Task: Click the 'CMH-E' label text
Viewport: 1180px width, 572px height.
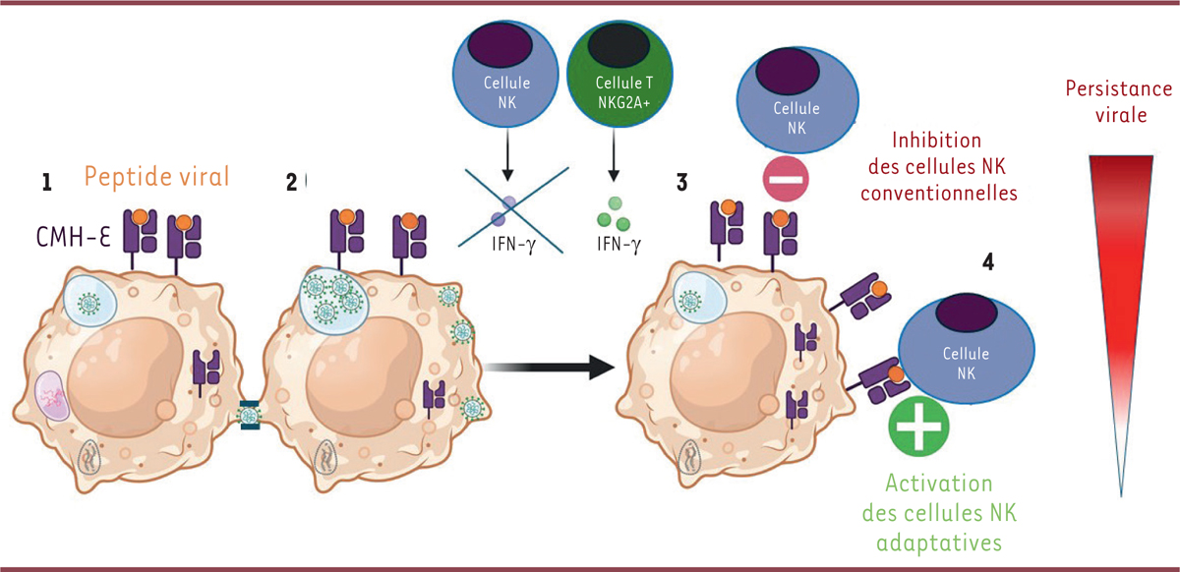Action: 65,236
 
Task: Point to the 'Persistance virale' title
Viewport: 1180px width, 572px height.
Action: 1120,102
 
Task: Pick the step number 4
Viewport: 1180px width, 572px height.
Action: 988,263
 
